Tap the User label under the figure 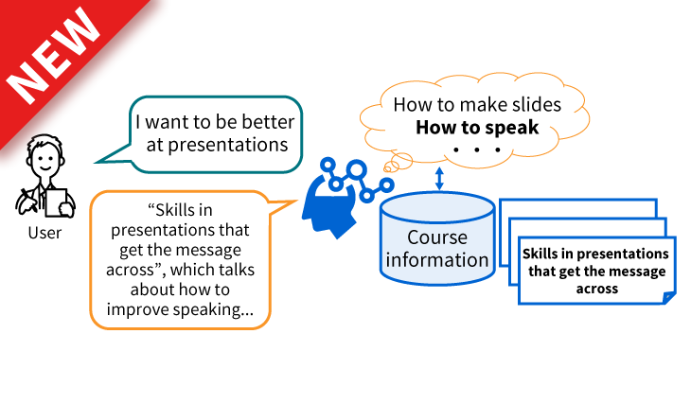tap(44, 232)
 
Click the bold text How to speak tap(477, 127)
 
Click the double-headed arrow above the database tap(438, 179)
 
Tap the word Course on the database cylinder tap(437, 237)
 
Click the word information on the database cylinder tap(437, 259)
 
